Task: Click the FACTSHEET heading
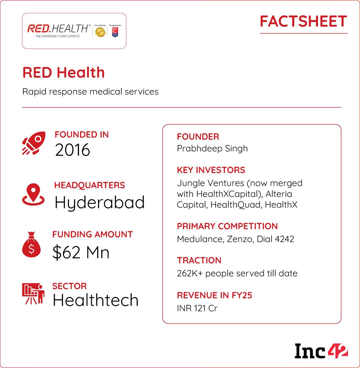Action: [x=303, y=22]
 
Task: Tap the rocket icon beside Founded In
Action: [x=34, y=143]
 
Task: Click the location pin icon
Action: [x=33, y=194]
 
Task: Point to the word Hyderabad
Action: [x=99, y=202]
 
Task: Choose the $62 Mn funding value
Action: [x=81, y=253]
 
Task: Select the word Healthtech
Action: [x=95, y=300]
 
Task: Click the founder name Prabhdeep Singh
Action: [x=212, y=148]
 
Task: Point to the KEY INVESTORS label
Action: [x=211, y=170]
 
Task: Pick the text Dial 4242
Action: [x=275, y=239]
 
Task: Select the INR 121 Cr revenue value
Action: [x=197, y=308]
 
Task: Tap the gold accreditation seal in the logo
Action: [x=100, y=32]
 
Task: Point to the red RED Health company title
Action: [x=63, y=73]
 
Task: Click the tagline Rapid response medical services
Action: [x=90, y=91]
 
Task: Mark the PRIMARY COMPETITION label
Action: [x=227, y=226]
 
